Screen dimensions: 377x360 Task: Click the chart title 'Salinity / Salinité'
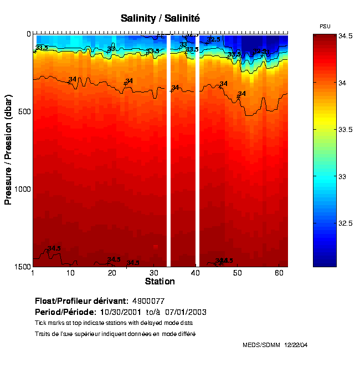160,18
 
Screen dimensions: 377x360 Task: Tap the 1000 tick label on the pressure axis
21,189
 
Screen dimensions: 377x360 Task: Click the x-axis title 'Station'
160,282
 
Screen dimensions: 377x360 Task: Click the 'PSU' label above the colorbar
326,27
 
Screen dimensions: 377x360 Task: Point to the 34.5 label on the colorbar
346,35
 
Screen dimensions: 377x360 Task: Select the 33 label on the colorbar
342,176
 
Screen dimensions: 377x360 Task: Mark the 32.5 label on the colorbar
346,223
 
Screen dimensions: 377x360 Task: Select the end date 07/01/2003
187,312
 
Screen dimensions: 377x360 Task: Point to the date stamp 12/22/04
296,345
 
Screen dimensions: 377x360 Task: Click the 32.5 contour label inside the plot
214,39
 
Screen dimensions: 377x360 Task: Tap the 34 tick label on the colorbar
342,83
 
